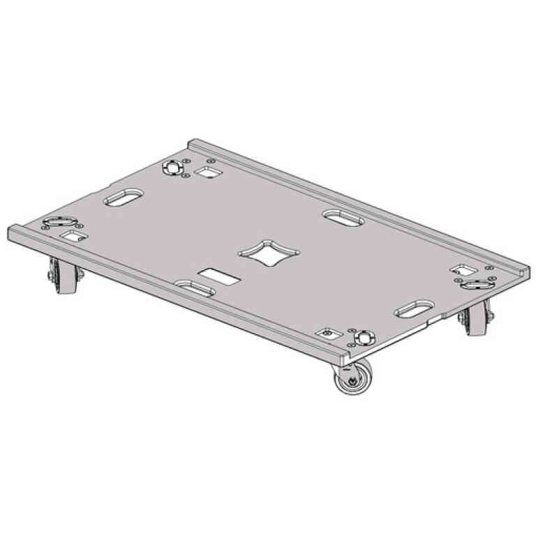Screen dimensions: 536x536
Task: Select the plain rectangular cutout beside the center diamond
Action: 218,276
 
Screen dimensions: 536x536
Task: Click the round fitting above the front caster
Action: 362,337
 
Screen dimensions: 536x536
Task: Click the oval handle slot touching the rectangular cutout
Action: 193,288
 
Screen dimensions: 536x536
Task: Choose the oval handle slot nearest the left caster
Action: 123,199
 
